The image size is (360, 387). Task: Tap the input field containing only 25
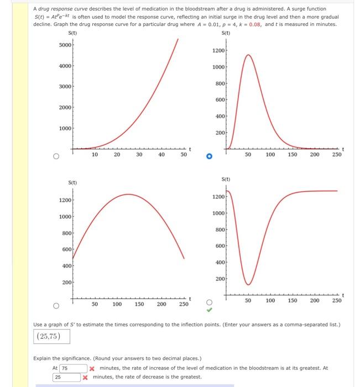click(x=66, y=377)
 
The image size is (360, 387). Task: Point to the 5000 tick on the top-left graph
click(x=64, y=45)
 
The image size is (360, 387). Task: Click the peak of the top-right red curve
click(x=248, y=55)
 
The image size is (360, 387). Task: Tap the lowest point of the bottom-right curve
click(x=248, y=284)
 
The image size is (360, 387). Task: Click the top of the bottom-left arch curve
click(x=128, y=194)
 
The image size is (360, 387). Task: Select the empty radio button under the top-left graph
click(x=56, y=156)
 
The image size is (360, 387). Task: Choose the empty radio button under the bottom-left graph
click(x=56, y=305)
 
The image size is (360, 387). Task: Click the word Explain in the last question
click(x=43, y=358)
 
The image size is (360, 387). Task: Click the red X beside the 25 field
click(x=86, y=378)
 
